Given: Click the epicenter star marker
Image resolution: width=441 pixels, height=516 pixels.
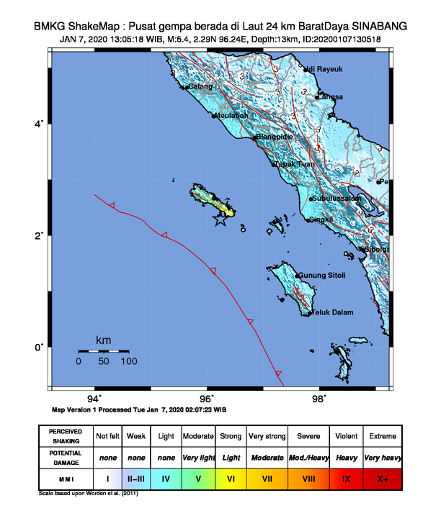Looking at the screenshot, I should (220, 221).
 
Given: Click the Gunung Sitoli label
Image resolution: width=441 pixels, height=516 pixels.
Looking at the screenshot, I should (322, 276).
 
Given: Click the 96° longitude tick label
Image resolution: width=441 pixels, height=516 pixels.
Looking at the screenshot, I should (207, 399).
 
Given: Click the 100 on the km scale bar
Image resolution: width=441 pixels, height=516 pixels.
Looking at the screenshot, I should (129, 361).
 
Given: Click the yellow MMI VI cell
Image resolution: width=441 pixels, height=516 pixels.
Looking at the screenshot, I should (232, 477).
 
